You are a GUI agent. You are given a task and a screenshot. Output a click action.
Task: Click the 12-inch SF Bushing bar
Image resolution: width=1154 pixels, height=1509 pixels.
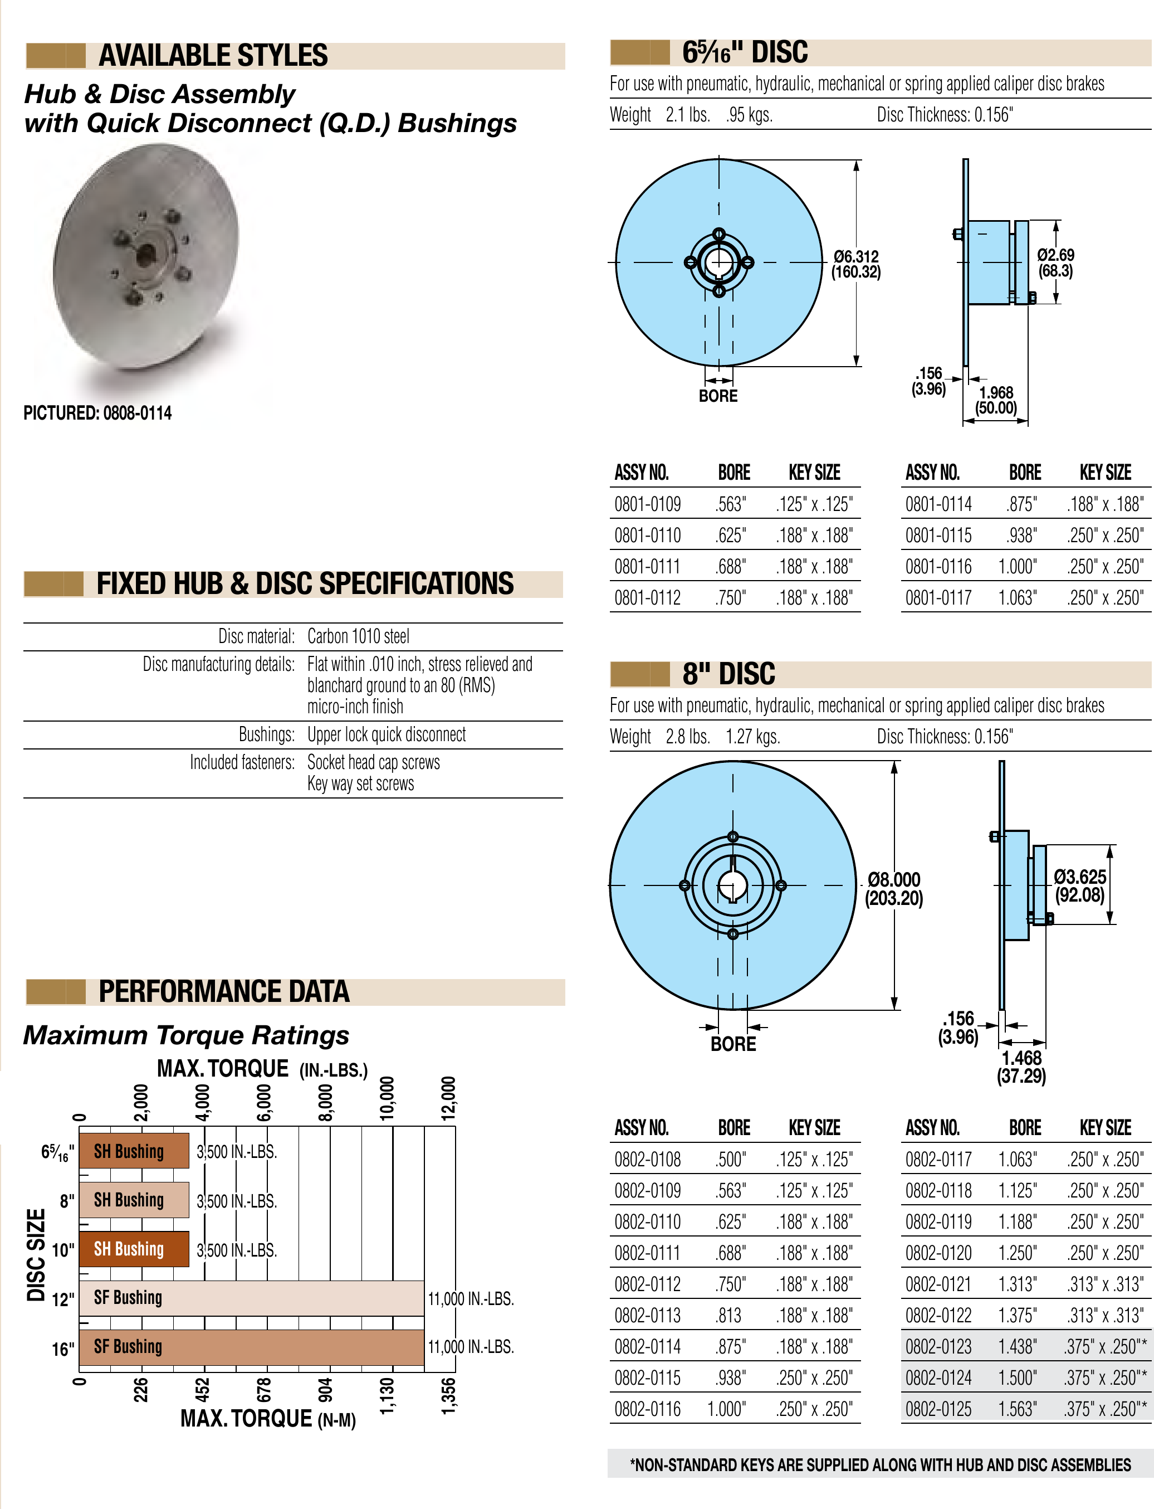coord(251,1298)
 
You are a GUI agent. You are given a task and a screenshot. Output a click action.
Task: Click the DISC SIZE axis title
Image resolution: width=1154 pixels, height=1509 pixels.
coord(36,1255)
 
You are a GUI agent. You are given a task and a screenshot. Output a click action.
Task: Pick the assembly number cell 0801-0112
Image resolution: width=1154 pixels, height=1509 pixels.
coord(647,598)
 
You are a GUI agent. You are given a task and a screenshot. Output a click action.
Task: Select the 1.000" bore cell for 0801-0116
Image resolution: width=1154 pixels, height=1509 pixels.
coord(1018,567)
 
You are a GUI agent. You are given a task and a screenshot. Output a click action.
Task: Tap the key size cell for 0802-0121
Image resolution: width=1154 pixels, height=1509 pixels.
coord(1105,1284)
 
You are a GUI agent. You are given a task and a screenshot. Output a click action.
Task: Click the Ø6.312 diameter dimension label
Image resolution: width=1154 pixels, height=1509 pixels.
coord(856,264)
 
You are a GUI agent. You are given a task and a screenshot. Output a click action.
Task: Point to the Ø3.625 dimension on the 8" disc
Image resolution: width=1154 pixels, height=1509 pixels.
coord(1080,886)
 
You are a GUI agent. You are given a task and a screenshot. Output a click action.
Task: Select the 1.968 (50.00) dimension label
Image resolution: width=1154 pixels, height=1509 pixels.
coord(996,401)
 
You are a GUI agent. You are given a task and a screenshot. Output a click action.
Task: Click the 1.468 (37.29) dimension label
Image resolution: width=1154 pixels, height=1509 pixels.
coord(1021,1067)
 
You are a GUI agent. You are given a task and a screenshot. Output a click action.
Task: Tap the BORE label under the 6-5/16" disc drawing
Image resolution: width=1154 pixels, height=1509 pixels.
coord(718,396)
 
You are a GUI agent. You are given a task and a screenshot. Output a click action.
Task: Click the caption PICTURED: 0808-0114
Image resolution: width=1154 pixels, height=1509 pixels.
coord(97,413)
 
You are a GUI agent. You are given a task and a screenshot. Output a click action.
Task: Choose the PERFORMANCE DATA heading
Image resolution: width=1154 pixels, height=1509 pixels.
coord(224,991)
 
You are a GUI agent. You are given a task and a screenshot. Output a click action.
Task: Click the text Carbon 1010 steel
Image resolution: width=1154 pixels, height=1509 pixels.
coord(358,636)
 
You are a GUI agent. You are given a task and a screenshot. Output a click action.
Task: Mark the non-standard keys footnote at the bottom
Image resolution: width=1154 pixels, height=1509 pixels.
coord(880,1464)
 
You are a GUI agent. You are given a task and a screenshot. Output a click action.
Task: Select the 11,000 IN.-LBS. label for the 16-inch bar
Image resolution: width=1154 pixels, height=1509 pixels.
coord(471,1347)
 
